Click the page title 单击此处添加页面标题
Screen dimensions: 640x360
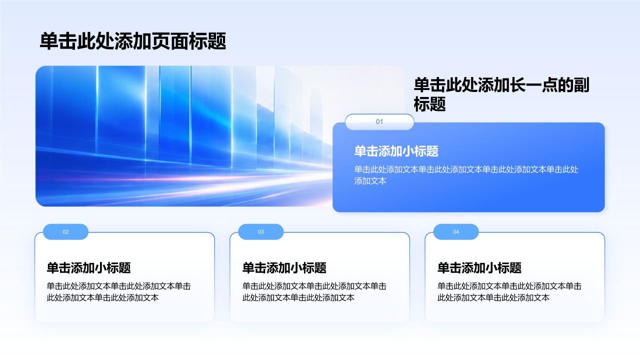133,41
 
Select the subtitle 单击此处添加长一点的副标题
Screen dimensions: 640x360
501,94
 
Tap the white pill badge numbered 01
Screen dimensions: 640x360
379,121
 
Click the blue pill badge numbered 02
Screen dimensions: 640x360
65,231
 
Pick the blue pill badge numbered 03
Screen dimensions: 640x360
261,231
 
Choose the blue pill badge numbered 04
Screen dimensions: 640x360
456,231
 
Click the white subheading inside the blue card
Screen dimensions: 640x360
396,151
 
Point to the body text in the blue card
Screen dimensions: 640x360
466,175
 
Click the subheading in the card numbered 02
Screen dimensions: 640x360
88,268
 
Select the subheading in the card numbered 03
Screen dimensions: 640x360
284,268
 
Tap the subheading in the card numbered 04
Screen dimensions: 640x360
479,268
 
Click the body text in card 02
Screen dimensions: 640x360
118,292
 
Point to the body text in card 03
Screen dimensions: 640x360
314,292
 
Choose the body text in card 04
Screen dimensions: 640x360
509,292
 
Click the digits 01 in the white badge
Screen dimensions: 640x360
379,121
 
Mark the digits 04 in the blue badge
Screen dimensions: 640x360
456,232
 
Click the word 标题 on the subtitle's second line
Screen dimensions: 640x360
429,103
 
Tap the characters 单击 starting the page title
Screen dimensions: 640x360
58,41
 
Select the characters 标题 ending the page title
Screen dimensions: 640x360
207,41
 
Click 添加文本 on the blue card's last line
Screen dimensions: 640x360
370,181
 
